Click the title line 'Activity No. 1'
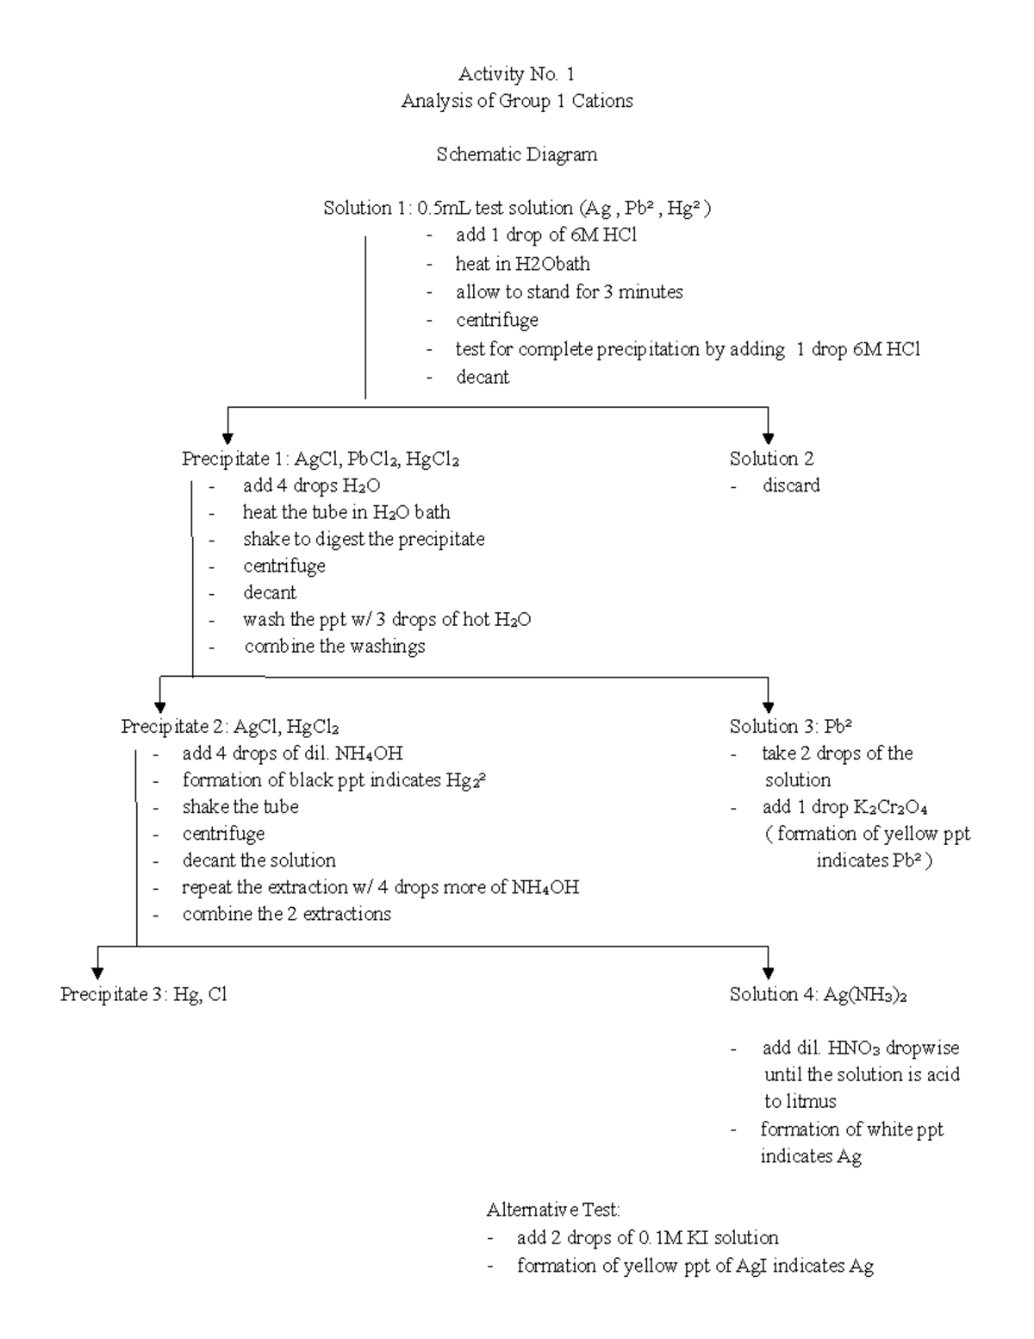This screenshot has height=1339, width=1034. pos(516,74)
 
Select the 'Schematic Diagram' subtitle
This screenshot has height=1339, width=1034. pos(516,155)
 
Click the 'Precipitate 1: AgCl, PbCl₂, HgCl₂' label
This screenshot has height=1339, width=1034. pos(320,459)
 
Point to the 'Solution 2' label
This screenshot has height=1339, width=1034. pos(771,459)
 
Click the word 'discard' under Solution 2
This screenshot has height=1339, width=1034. pos(790,485)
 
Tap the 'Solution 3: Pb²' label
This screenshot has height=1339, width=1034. pos(790,727)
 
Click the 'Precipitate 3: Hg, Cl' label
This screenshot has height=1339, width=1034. pos(143,995)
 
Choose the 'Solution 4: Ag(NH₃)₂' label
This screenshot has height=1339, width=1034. pos(818,995)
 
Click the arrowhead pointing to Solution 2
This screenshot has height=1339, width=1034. pos(768,437)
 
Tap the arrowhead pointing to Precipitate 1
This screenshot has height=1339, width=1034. pos(228,437)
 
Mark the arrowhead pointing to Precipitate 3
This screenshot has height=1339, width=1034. pos(98,973)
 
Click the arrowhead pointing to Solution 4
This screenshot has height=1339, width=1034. pos(768,973)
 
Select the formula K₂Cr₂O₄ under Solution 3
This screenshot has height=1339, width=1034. pos(889,808)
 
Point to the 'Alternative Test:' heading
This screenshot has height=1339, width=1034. pos(552,1210)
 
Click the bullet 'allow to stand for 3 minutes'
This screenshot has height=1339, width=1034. pos(569,292)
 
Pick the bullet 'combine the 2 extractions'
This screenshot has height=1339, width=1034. pos(286,914)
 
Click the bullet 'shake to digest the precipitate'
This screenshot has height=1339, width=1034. pos(363,540)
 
